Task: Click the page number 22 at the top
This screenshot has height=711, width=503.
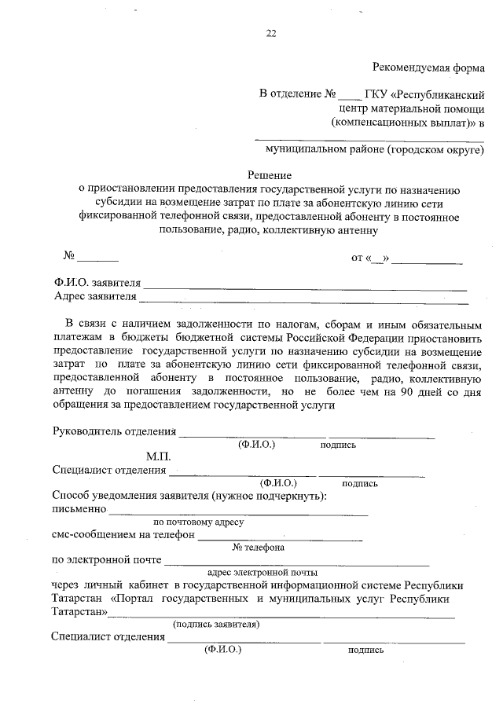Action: click(x=271, y=34)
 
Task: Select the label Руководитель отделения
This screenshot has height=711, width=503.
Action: click(x=114, y=431)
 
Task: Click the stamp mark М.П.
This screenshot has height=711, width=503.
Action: click(x=157, y=456)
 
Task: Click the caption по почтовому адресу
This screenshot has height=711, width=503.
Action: click(x=199, y=522)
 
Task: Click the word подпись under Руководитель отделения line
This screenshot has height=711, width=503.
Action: click(x=338, y=445)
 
